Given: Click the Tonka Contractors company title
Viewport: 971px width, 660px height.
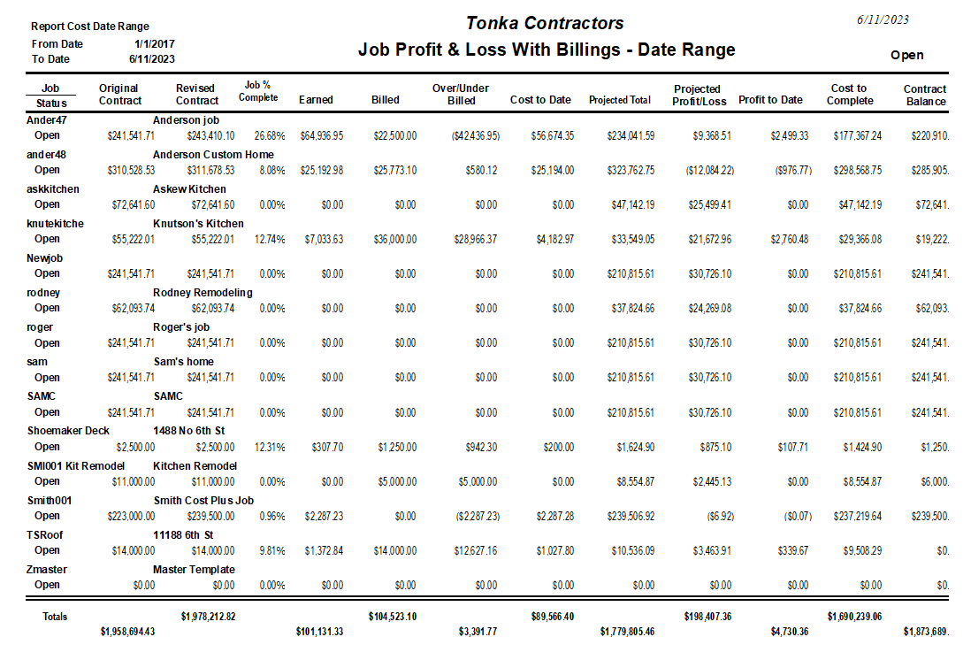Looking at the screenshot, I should pos(546,23).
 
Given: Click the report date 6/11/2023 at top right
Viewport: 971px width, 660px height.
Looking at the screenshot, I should pos(883,19).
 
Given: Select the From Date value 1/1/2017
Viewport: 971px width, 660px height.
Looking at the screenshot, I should pos(155,43).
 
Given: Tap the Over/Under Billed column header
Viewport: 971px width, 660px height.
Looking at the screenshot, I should pos(461,94).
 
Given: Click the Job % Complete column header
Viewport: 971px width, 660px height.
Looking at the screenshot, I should pos(257,90).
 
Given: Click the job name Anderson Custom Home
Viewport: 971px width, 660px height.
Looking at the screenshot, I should pos(213,154).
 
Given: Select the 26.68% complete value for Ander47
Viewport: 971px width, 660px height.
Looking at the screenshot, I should pos(269,135).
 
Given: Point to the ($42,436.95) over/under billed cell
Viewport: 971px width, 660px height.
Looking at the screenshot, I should pos(476,135).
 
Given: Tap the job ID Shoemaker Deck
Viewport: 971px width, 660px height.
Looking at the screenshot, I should pos(69,431).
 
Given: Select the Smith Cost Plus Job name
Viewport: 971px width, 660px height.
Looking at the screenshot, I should pos(203,500).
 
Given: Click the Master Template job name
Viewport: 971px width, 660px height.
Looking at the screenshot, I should pos(194,569).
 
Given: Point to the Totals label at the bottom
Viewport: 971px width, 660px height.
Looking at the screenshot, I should pos(55,617).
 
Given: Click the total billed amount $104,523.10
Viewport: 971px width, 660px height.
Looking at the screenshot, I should pos(393,616).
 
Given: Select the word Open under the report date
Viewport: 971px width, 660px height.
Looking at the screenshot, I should pos(906,55).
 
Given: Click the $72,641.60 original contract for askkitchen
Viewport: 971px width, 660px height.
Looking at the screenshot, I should pos(131,204).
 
